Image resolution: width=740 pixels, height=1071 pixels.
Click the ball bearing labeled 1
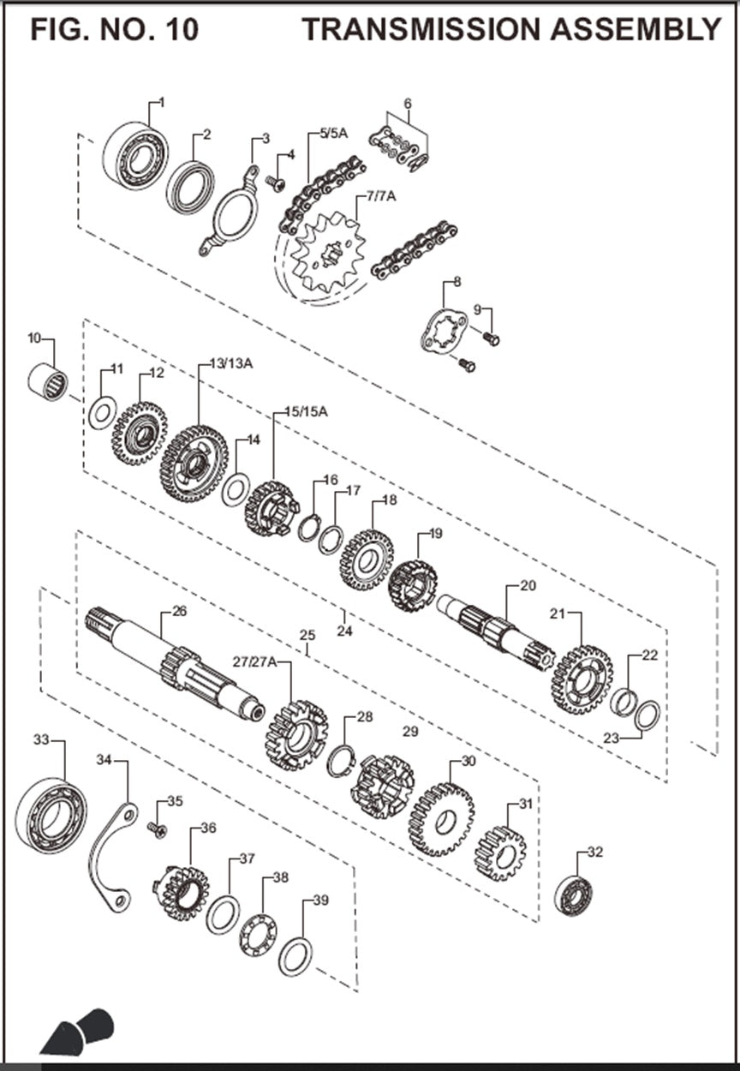tap(134, 155)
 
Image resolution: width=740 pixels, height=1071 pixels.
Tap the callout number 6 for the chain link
tap(408, 104)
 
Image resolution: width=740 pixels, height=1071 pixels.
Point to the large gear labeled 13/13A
tap(193, 464)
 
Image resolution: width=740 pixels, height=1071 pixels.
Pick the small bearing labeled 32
tap(573, 894)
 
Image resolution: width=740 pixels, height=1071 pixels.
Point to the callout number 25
tap(307, 636)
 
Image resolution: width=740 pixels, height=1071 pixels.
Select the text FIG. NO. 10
tap(115, 30)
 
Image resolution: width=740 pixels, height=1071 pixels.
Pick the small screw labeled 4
tap(275, 182)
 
